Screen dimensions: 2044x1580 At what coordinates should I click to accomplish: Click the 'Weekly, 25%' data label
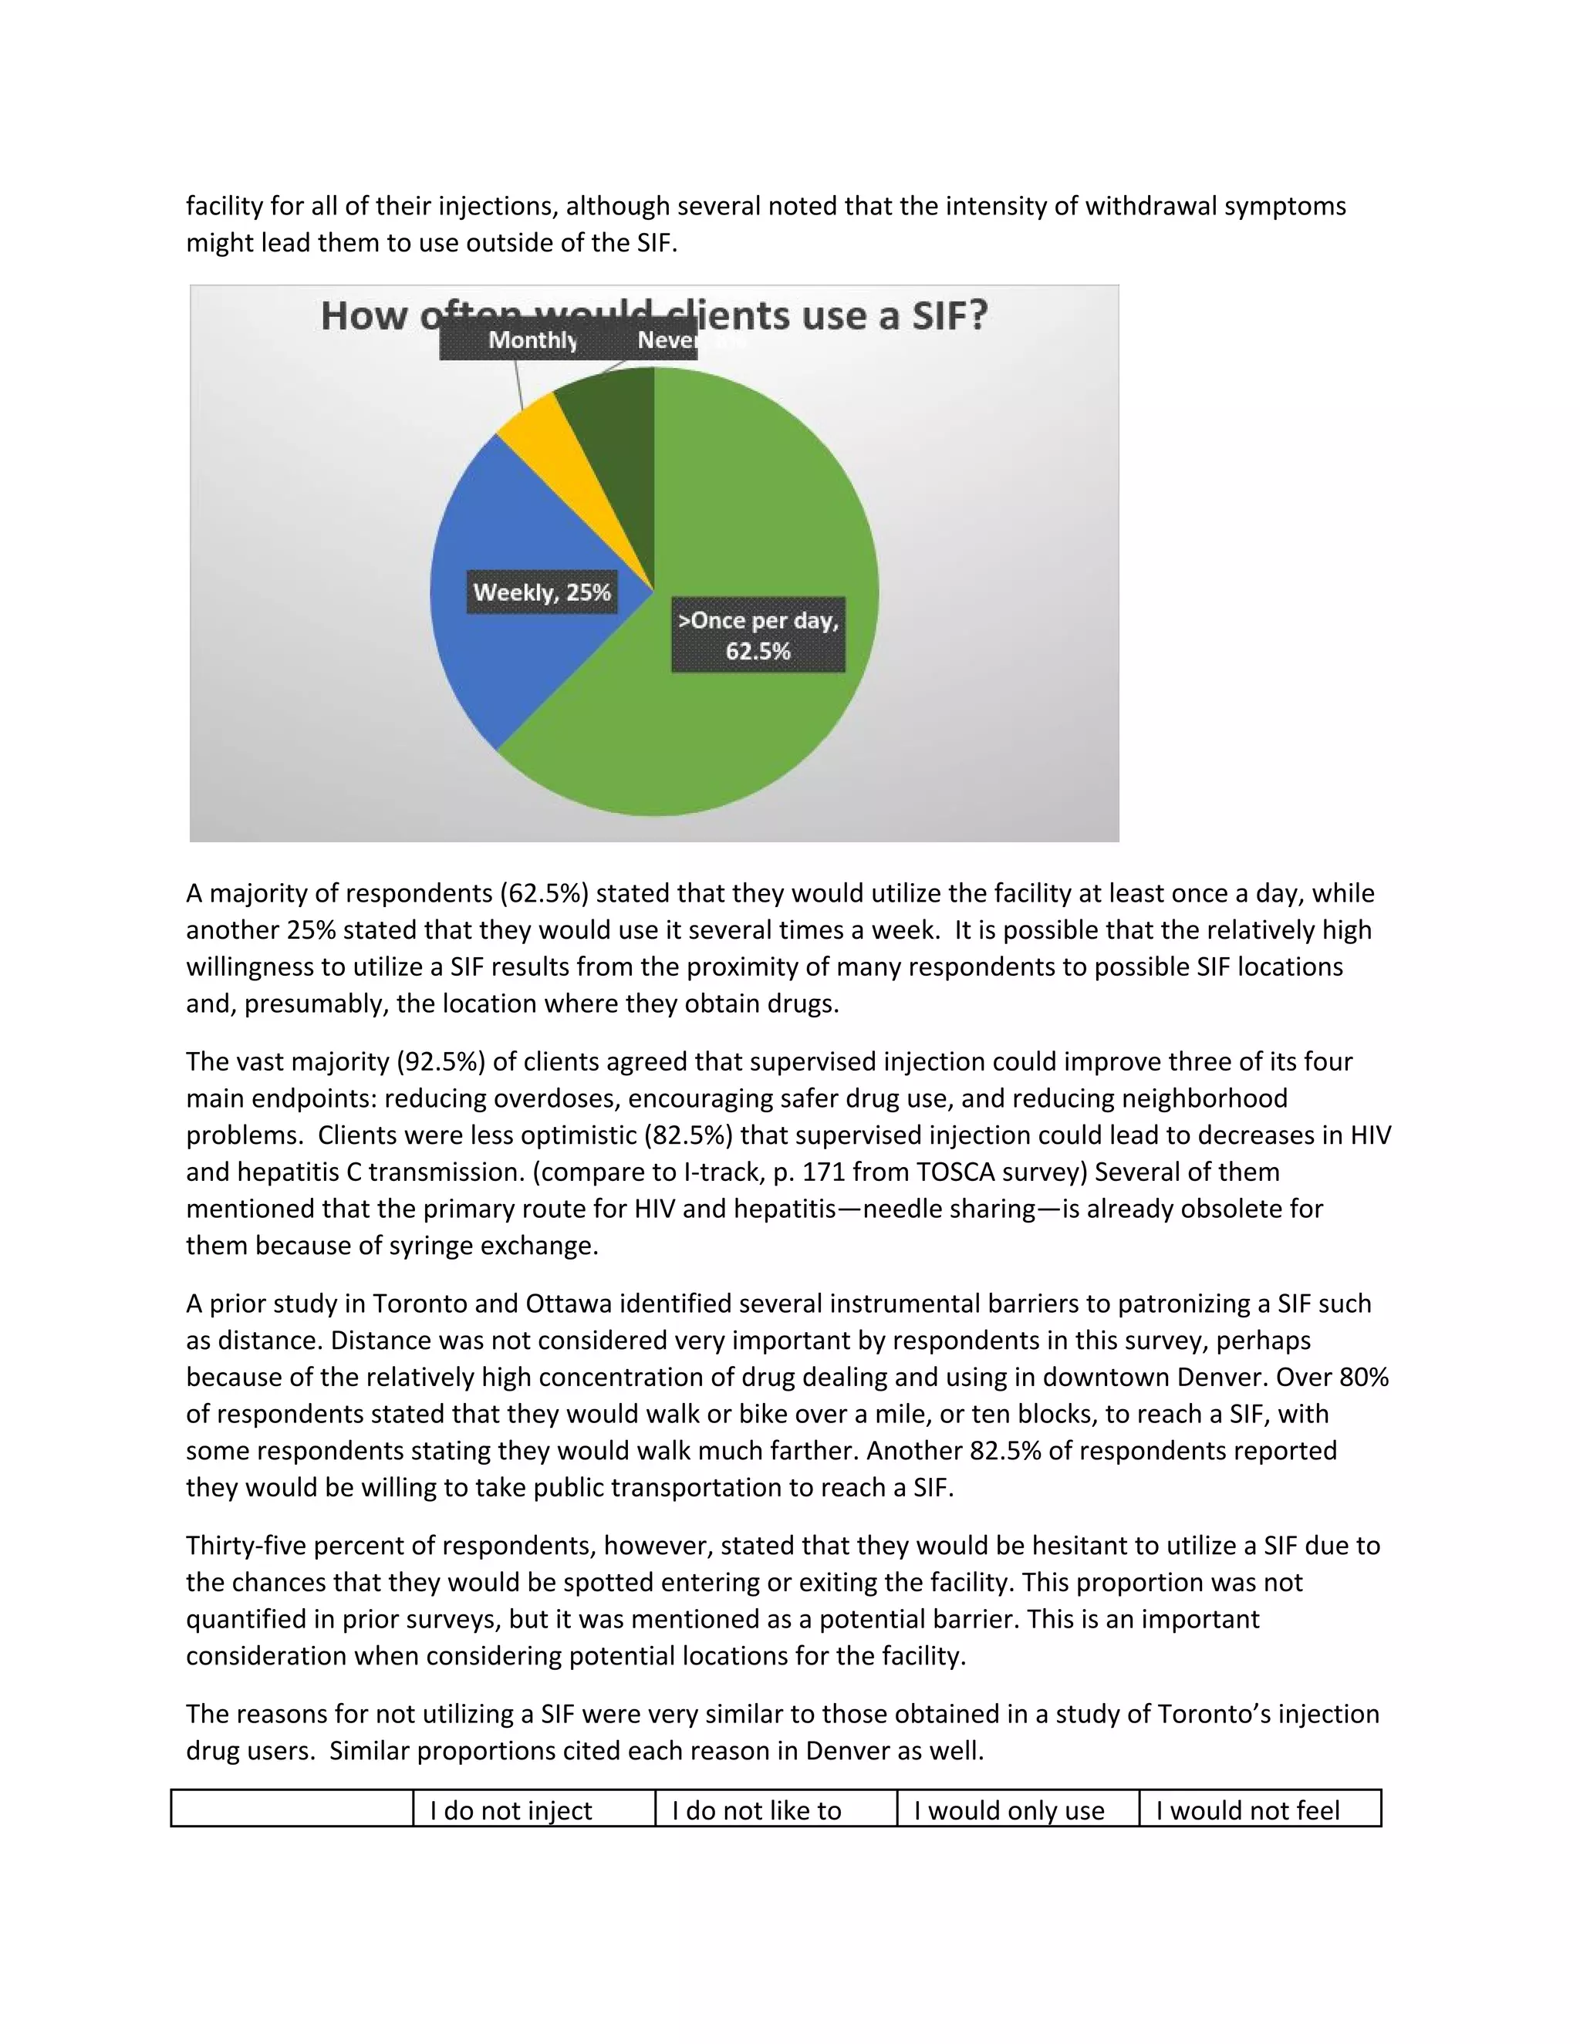pos(542,592)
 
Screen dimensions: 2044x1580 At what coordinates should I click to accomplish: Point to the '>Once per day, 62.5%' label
pos(758,635)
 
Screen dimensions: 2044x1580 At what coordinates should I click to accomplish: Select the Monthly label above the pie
pos(532,339)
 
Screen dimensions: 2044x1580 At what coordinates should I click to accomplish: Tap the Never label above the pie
pos(667,339)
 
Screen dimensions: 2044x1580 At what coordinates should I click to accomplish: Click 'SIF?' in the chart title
pos(949,315)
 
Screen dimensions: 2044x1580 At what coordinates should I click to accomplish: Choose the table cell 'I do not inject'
pos(510,1810)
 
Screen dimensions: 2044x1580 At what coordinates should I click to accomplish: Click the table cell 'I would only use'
pos(1009,1810)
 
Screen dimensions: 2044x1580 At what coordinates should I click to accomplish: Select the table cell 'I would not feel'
pos(1247,1810)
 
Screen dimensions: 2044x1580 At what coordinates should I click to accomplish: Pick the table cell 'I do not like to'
pos(756,1810)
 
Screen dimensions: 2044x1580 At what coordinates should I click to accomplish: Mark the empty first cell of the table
pos(292,1808)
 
